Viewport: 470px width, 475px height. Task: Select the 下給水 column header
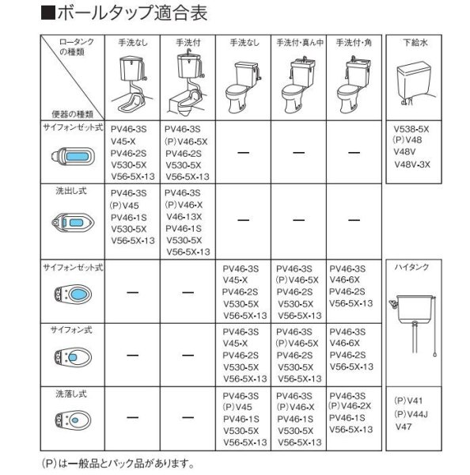tap(418, 40)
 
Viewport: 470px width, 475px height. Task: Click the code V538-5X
tap(411, 127)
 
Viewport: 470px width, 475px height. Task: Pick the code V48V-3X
tap(411, 165)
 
